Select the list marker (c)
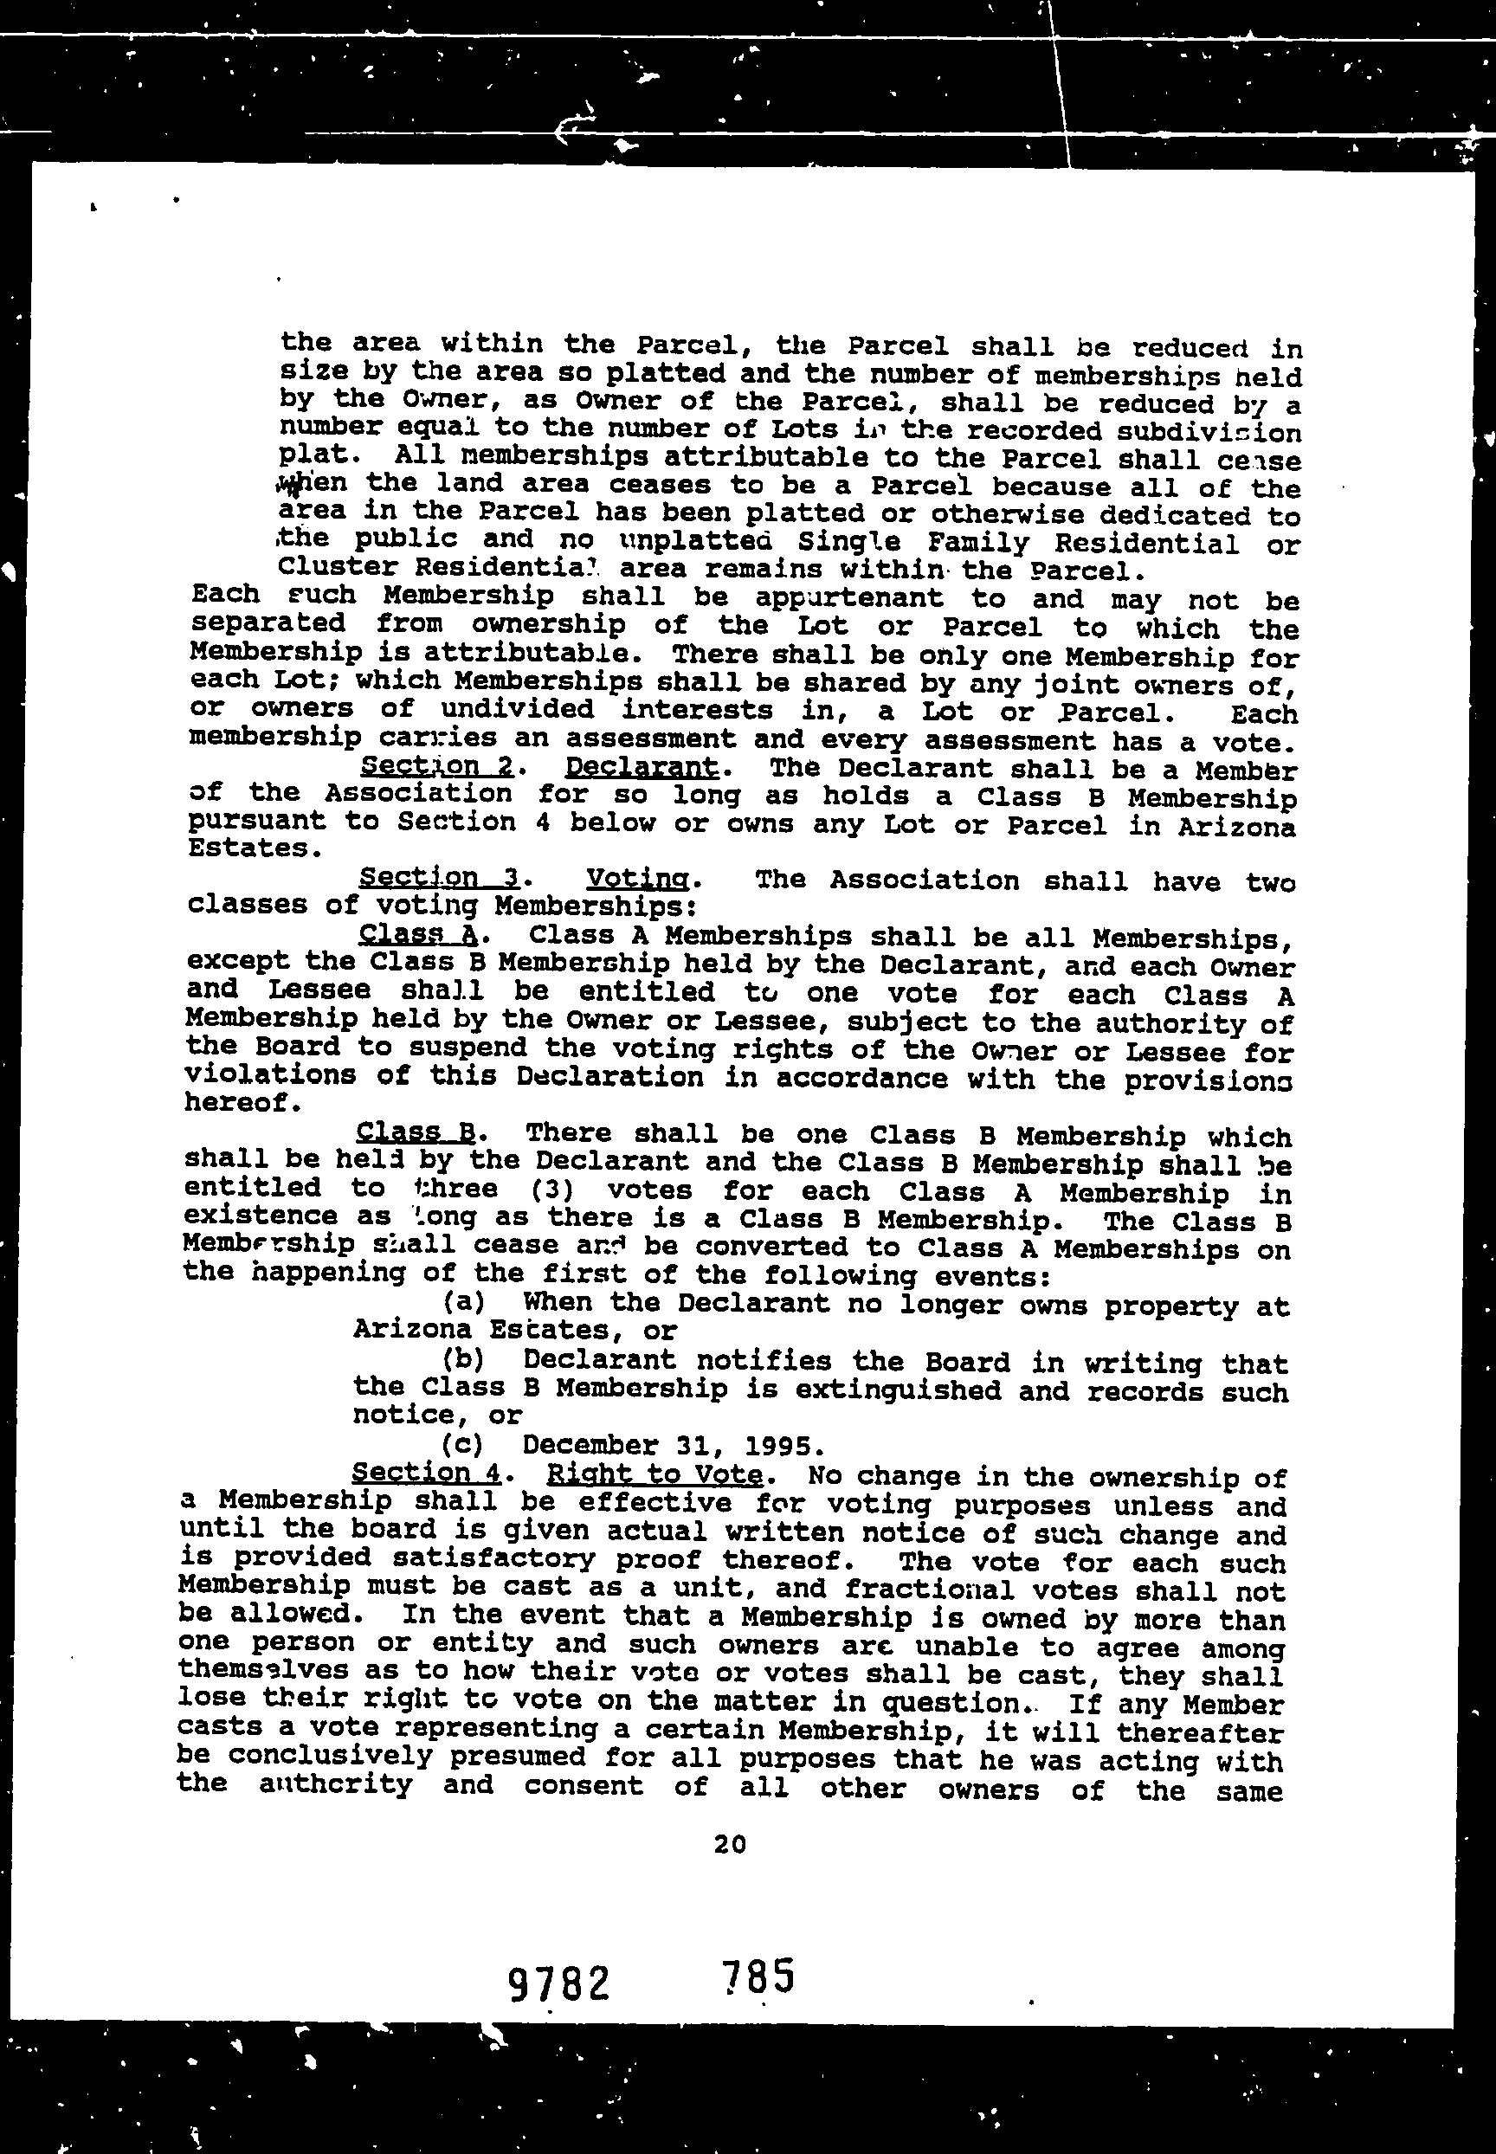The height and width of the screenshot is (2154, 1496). click(461, 1444)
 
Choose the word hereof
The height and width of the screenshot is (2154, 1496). click(242, 1102)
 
